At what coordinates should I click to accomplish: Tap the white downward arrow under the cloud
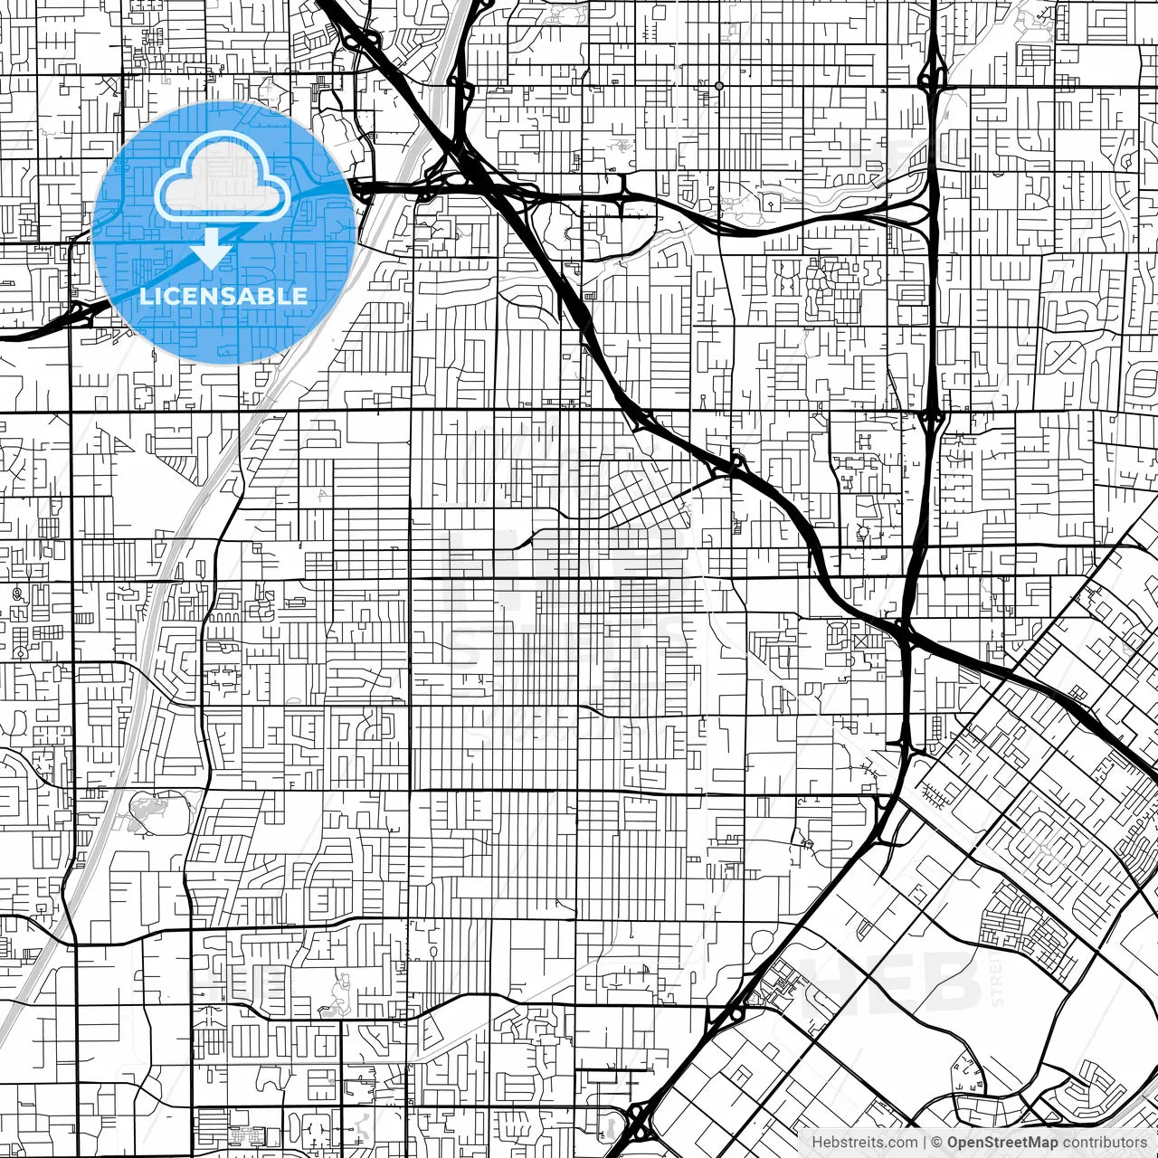tap(211, 249)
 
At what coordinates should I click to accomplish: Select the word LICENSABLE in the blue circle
tap(223, 296)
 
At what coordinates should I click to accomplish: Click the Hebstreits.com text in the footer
tap(864, 1143)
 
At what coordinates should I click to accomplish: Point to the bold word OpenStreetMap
tap(1002, 1143)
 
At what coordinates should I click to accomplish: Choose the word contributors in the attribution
tap(1105, 1143)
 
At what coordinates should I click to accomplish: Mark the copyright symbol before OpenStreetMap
tap(938, 1143)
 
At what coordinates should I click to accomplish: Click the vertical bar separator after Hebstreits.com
tap(925, 1143)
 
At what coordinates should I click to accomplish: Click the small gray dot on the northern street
tap(719, 86)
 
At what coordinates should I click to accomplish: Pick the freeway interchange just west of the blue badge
tap(81, 314)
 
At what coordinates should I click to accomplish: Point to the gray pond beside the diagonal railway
tap(149, 808)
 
